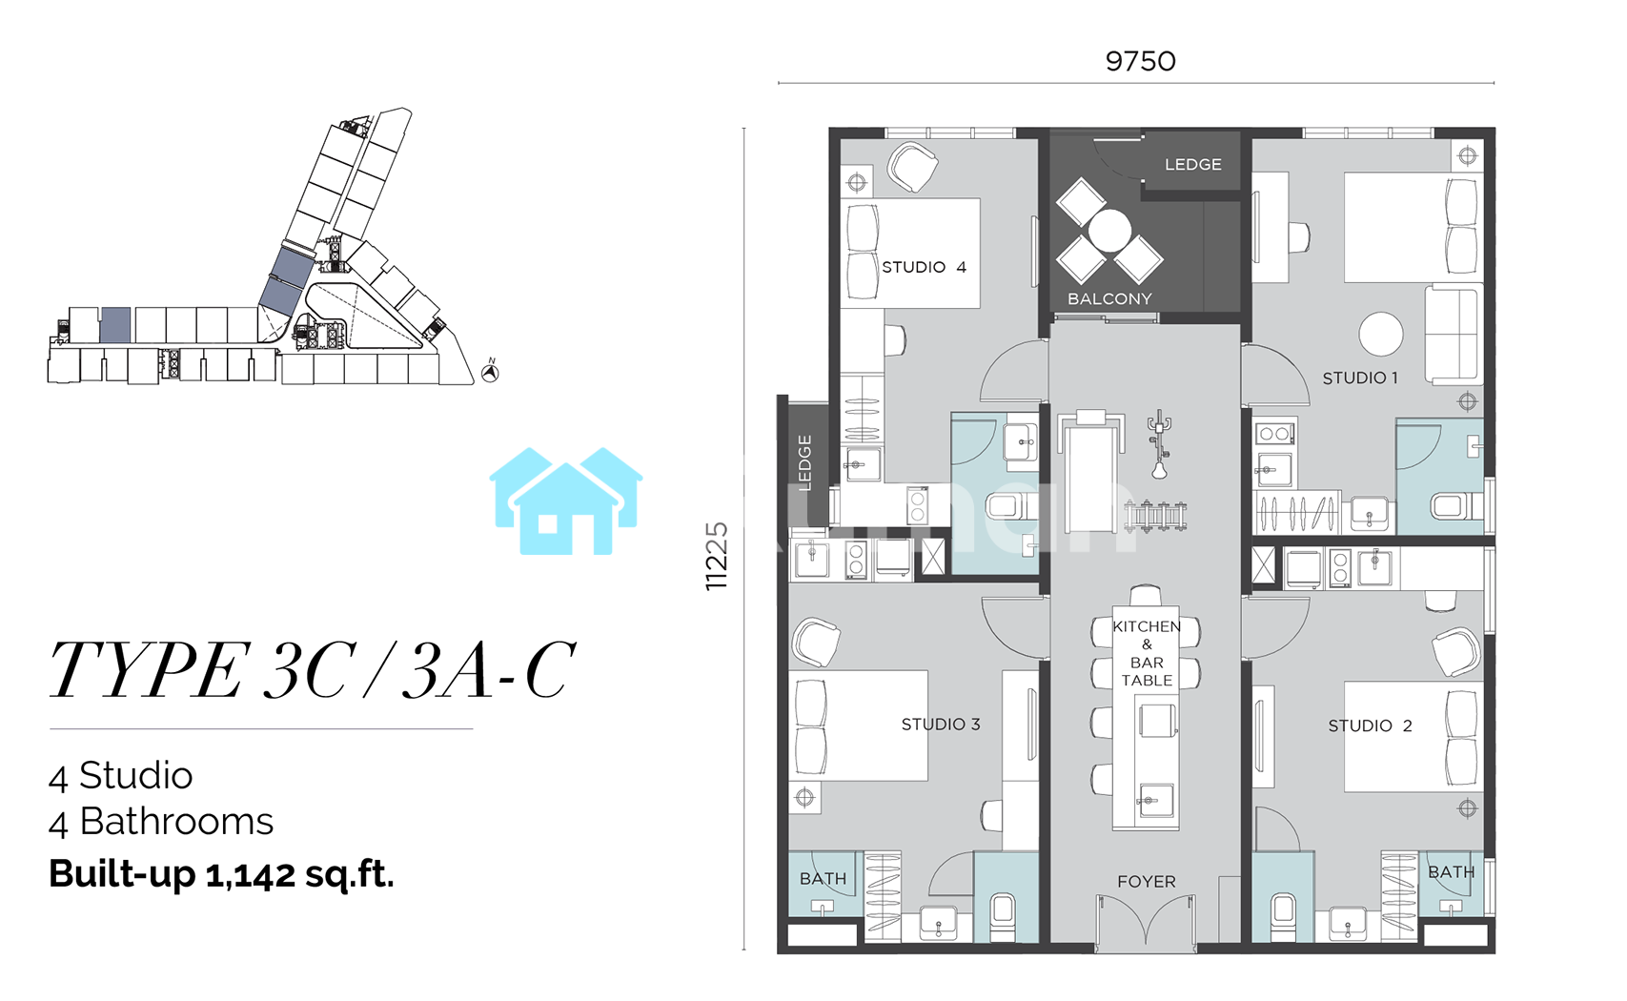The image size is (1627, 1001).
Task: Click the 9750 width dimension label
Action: click(1140, 61)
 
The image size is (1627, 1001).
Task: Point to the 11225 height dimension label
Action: click(716, 556)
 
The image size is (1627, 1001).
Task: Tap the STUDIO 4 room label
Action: click(924, 267)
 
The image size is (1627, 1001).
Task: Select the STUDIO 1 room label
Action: click(1360, 378)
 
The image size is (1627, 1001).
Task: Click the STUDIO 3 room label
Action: click(941, 725)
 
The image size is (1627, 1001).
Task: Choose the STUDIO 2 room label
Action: click(1370, 725)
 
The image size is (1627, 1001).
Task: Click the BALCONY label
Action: click(1109, 298)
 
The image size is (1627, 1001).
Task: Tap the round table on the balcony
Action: click(1109, 231)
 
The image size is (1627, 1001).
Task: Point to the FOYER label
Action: click(1147, 881)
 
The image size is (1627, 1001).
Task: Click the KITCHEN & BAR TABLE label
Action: click(1147, 653)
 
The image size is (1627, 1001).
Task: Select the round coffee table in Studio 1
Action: click(1381, 335)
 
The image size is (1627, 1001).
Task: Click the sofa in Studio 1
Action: click(1453, 335)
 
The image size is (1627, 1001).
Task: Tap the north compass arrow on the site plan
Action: click(491, 372)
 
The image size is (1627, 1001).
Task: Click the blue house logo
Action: click(566, 501)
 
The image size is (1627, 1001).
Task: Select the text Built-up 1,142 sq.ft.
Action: click(221, 874)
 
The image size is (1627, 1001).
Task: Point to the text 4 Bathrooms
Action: click(161, 823)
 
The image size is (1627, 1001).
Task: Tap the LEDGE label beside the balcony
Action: click(1192, 165)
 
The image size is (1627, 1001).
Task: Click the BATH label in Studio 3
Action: click(823, 879)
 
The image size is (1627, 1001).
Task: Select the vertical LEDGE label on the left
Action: click(804, 462)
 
